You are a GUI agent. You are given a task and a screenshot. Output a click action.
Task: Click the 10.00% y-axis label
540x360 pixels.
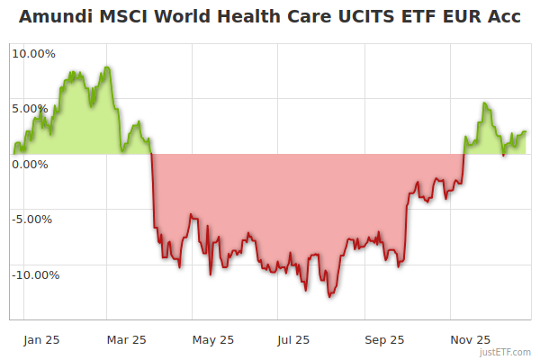tap(33, 53)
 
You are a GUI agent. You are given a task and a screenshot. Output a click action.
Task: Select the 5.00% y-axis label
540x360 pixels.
tap(30, 109)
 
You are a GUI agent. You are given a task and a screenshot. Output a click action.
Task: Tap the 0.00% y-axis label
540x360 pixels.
tap(30, 164)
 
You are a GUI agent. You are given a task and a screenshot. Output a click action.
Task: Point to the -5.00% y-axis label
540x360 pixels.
tap(32, 219)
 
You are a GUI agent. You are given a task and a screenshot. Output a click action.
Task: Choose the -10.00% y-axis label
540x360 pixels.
tap(35, 274)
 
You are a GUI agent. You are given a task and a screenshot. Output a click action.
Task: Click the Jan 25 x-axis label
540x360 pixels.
tap(41, 339)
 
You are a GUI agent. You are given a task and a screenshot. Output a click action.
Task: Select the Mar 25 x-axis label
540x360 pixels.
tap(126, 339)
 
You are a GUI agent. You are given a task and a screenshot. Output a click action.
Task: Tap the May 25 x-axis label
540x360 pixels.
tap(214, 339)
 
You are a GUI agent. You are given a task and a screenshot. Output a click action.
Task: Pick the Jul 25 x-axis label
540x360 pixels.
tap(293, 339)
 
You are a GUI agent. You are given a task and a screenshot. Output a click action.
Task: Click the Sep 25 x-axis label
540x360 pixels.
tap(385, 339)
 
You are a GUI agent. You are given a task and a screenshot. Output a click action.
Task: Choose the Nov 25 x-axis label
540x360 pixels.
tap(471, 339)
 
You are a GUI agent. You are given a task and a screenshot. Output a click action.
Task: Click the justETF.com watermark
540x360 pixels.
tap(506, 352)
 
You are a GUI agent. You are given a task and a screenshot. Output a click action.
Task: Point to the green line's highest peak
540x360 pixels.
tap(107, 67)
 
